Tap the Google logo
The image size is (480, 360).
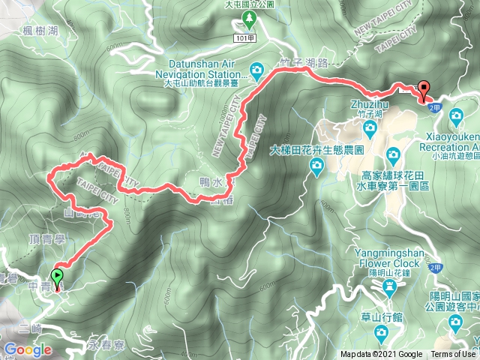point(28,349)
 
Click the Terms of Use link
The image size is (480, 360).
point(452,355)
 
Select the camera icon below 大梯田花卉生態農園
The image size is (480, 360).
point(315,169)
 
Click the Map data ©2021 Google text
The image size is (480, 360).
point(381,355)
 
